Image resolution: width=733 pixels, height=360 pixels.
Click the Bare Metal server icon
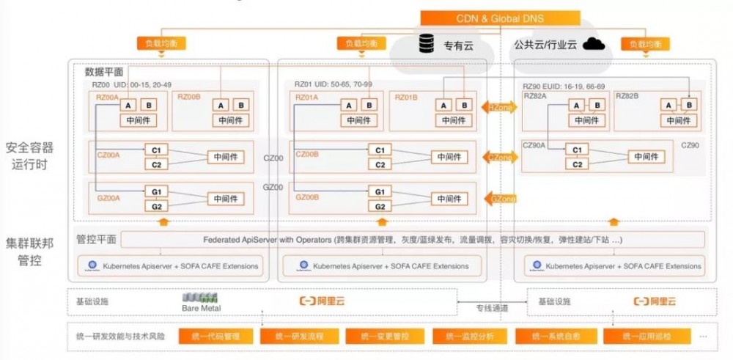coord(200,299)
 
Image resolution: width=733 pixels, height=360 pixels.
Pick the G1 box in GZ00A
coord(156,192)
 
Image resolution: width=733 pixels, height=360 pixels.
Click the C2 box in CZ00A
coord(156,164)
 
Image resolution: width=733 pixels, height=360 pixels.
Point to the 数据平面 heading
coord(103,72)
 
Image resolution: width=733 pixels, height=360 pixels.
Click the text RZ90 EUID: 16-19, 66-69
coord(564,85)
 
